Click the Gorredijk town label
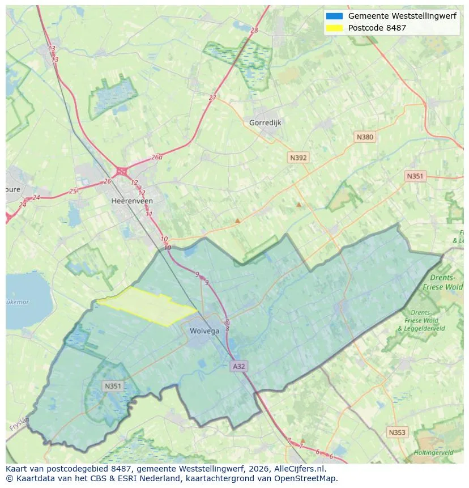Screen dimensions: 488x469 tap(265, 122)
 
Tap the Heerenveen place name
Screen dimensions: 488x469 tap(132, 201)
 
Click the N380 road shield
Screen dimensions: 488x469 tap(365, 137)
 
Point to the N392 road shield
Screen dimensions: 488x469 tap(298, 158)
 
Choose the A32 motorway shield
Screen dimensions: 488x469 tap(239, 367)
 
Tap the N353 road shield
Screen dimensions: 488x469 tap(397, 432)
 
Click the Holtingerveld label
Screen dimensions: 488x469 tap(433, 453)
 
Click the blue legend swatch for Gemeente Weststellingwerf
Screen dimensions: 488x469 tap(334, 16)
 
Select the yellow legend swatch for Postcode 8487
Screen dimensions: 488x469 tap(334, 28)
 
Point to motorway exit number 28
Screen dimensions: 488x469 tap(254, 31)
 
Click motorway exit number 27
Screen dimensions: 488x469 tap(212, 97)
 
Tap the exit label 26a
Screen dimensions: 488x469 tap(156, 158)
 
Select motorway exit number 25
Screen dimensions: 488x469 tap(73, 191)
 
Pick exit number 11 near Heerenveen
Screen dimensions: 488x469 tap(149, 214)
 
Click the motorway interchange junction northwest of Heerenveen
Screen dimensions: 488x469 tap(121, 171)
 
